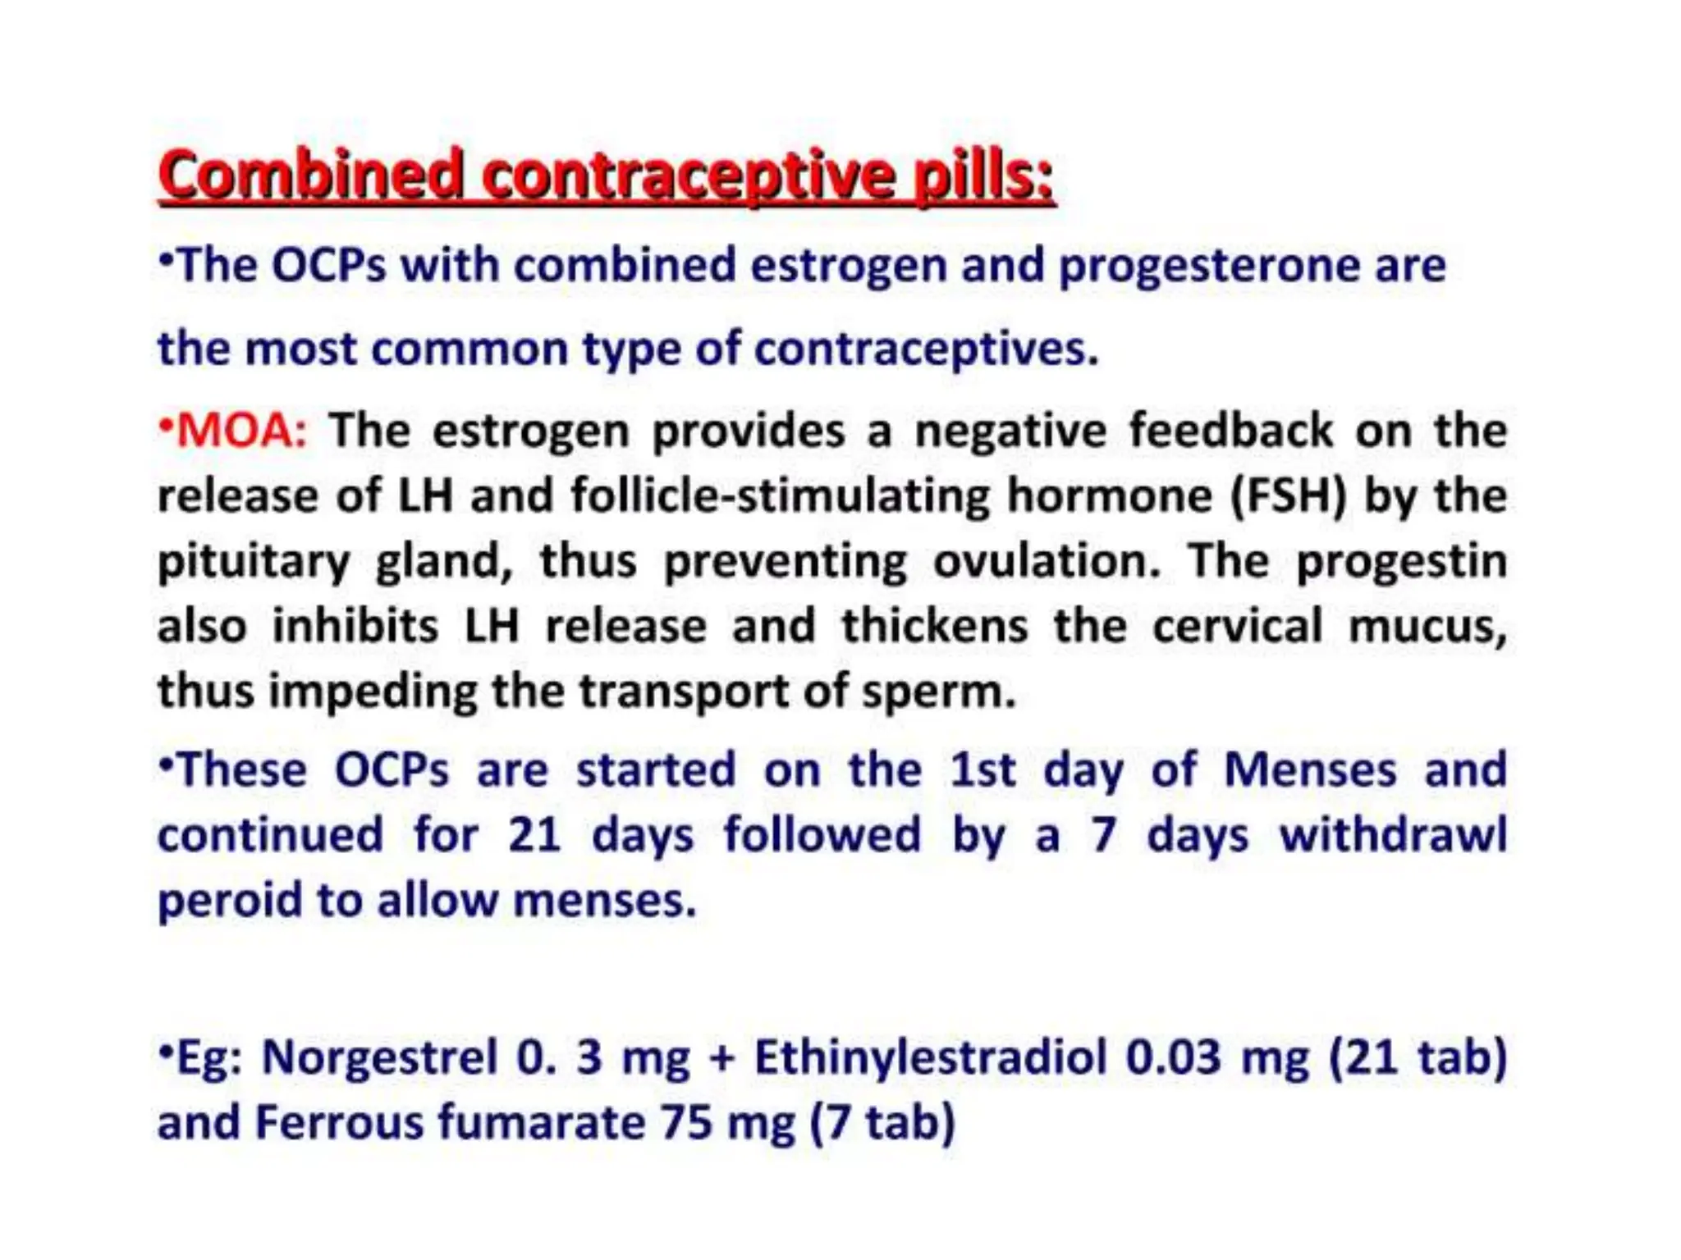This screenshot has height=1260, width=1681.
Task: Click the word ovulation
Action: click(1047, 561)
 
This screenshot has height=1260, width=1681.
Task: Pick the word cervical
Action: click(1237, 627)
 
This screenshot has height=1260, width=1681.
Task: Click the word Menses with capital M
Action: click(1310, 770)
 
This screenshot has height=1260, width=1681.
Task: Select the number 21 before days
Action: click(534, 835)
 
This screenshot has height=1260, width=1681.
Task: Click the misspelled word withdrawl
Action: click(1393, 835)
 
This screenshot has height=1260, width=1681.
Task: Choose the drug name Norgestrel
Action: click(379, 1057)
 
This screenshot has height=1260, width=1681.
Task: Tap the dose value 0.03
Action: click(1173, 1057)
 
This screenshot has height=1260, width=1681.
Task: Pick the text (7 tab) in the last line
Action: click(882, 1122)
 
